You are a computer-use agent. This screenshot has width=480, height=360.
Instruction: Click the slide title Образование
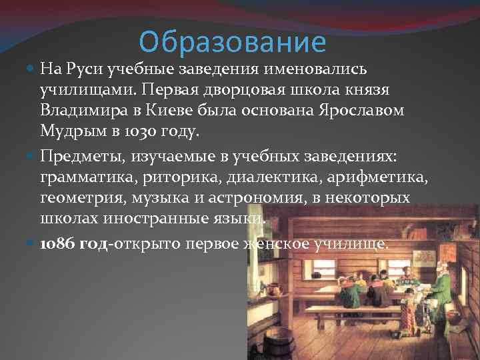coord(233,42)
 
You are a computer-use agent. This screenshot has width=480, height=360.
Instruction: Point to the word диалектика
coord(263,178)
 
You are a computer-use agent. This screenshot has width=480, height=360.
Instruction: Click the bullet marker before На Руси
coord(33,69)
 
